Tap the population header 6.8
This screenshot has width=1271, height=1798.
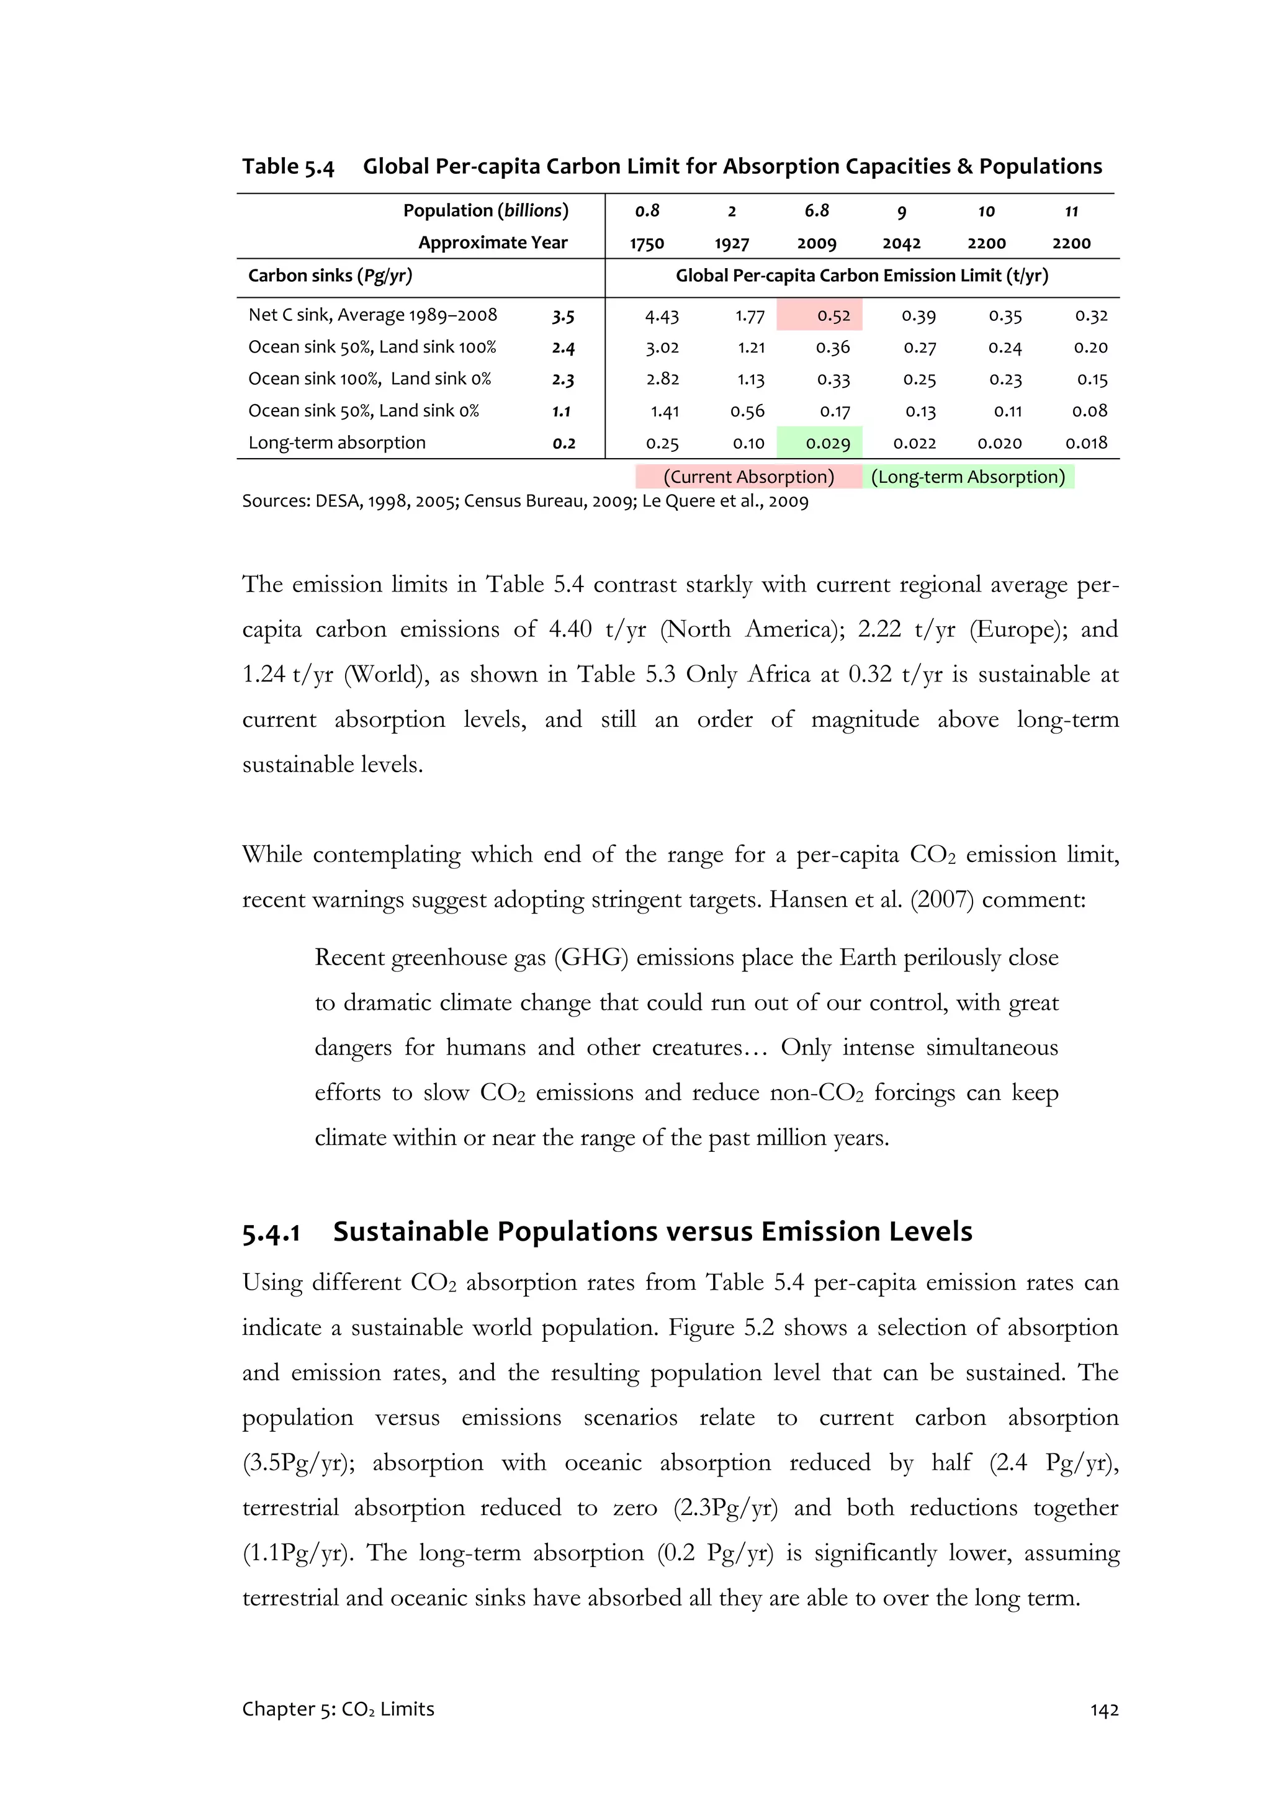tap(816, 210)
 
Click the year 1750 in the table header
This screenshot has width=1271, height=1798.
tap(647, 243)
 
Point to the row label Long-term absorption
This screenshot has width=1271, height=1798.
tap(337, 443)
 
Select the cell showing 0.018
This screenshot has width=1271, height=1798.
tap(1085, 443)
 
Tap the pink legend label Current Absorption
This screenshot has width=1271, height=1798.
tap(748, 477)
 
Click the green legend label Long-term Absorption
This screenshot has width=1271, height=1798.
tap(968, 477)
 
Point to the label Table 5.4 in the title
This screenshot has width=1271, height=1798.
tap(287, 167)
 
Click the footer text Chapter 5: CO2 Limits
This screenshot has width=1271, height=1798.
tap(338, 1709)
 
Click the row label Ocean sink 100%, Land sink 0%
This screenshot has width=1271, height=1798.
tap(370, 379)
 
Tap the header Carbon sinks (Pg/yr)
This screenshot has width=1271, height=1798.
tap(330, 276)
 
